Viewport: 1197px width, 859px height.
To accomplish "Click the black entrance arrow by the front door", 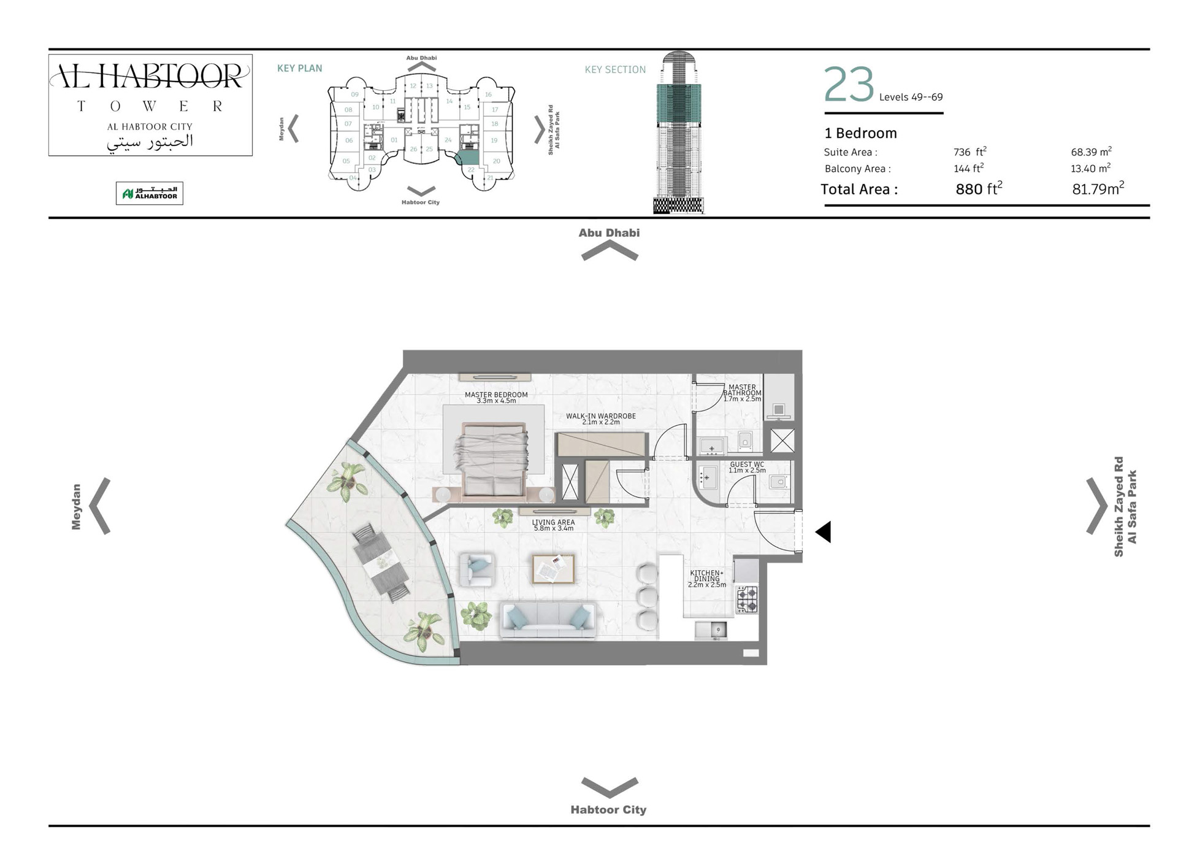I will coord(824,532).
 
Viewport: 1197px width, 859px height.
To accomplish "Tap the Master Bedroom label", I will coord(495,395).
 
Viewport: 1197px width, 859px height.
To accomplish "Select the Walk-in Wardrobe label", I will coord(600,416).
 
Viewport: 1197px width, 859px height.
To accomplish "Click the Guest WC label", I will coord(746,464).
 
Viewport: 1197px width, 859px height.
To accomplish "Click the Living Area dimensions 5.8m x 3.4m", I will coord(553,528).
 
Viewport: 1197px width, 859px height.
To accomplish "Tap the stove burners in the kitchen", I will coord(747,599).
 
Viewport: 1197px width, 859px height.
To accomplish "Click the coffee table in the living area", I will coord(553,569).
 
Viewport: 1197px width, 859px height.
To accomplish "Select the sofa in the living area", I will coord(548,619).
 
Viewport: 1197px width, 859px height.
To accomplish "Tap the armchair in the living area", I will coord(476,569).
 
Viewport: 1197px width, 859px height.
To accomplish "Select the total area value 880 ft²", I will coord(978,189).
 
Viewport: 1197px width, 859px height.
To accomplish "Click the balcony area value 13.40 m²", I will coord(1090,169).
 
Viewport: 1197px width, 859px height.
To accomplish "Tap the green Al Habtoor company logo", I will coord(149,193).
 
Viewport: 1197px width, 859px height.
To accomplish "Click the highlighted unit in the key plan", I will coord(469,156).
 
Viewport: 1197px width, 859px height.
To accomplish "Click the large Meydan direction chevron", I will coord(100,506).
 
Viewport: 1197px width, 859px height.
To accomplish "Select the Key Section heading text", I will coord(614,70).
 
